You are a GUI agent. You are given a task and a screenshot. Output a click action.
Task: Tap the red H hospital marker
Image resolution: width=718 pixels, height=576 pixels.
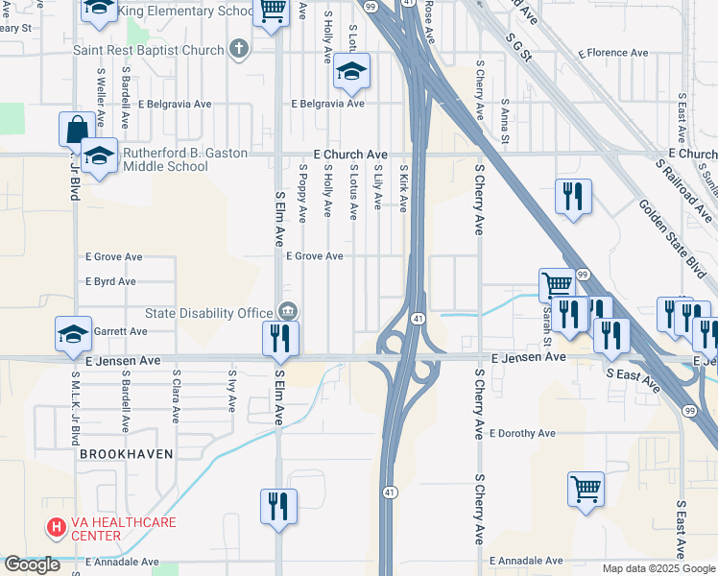point(57,527)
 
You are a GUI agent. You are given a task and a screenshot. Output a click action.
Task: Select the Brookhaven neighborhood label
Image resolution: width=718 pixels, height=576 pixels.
point(126,453)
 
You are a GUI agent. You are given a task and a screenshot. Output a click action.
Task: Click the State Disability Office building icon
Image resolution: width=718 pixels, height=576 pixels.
point(286,311)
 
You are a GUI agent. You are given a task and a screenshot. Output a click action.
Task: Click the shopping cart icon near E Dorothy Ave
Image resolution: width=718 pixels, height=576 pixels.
point(586,489)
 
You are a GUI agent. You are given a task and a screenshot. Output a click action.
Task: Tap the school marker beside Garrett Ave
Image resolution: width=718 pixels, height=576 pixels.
point(74,333)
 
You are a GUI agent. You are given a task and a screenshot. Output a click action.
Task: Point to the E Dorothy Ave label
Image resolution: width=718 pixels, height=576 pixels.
point(522,433)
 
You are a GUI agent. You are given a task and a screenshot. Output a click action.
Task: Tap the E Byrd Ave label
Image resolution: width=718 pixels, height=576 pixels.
point(110,282)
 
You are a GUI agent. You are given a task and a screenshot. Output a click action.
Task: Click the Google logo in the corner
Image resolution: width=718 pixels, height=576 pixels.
point(33,564)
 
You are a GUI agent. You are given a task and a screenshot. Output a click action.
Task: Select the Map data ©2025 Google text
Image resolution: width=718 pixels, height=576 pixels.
point(658,568)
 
